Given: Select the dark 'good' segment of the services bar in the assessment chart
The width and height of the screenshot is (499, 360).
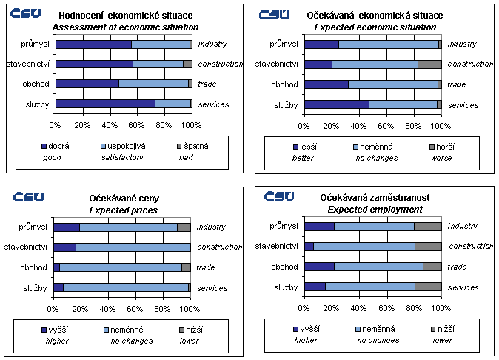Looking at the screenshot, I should click(104, 104).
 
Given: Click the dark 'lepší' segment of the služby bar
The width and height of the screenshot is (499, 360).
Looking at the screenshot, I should click(336, 104).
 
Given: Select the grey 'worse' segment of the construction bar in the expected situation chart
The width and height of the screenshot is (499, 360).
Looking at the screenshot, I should click(429, 64).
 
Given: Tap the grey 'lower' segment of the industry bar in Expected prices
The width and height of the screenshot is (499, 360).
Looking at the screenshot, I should click(184, 227).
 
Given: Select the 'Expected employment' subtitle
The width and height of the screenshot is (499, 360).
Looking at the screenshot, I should click(375, 210).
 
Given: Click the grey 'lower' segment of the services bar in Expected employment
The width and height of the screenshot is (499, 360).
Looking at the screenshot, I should click(428, 287).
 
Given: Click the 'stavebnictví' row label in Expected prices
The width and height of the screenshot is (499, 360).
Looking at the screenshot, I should click(27, 247).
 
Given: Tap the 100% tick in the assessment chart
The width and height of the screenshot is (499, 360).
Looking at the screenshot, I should click(191, 123).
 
